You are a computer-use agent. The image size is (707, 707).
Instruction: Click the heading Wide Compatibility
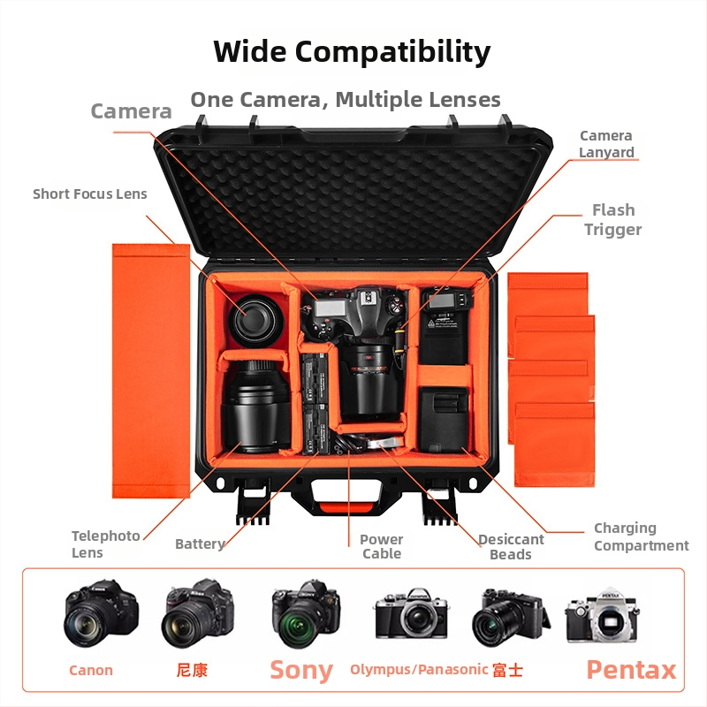(x=352, y=51)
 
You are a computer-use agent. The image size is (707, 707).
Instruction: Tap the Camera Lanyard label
(x=606, y=144)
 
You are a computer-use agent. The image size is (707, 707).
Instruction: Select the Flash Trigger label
(x=613, y=220)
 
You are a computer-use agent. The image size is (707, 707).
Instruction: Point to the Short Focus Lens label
(x=90, y=194)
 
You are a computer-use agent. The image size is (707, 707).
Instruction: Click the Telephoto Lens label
(x=106, y=544)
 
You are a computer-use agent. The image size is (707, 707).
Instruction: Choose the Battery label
(x=200, y=544)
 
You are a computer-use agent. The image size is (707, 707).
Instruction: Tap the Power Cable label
(x=382, y=546)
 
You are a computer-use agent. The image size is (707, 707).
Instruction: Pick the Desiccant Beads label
(x=511, y=547)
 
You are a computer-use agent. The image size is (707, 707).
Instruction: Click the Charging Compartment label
(x=641, y=537)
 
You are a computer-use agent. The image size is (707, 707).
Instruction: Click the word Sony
(x=301, y=670)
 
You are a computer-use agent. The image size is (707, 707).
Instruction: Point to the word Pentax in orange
(x=631, y=670)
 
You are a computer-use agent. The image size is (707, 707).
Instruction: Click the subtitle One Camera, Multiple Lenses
(x=346, y=99)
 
